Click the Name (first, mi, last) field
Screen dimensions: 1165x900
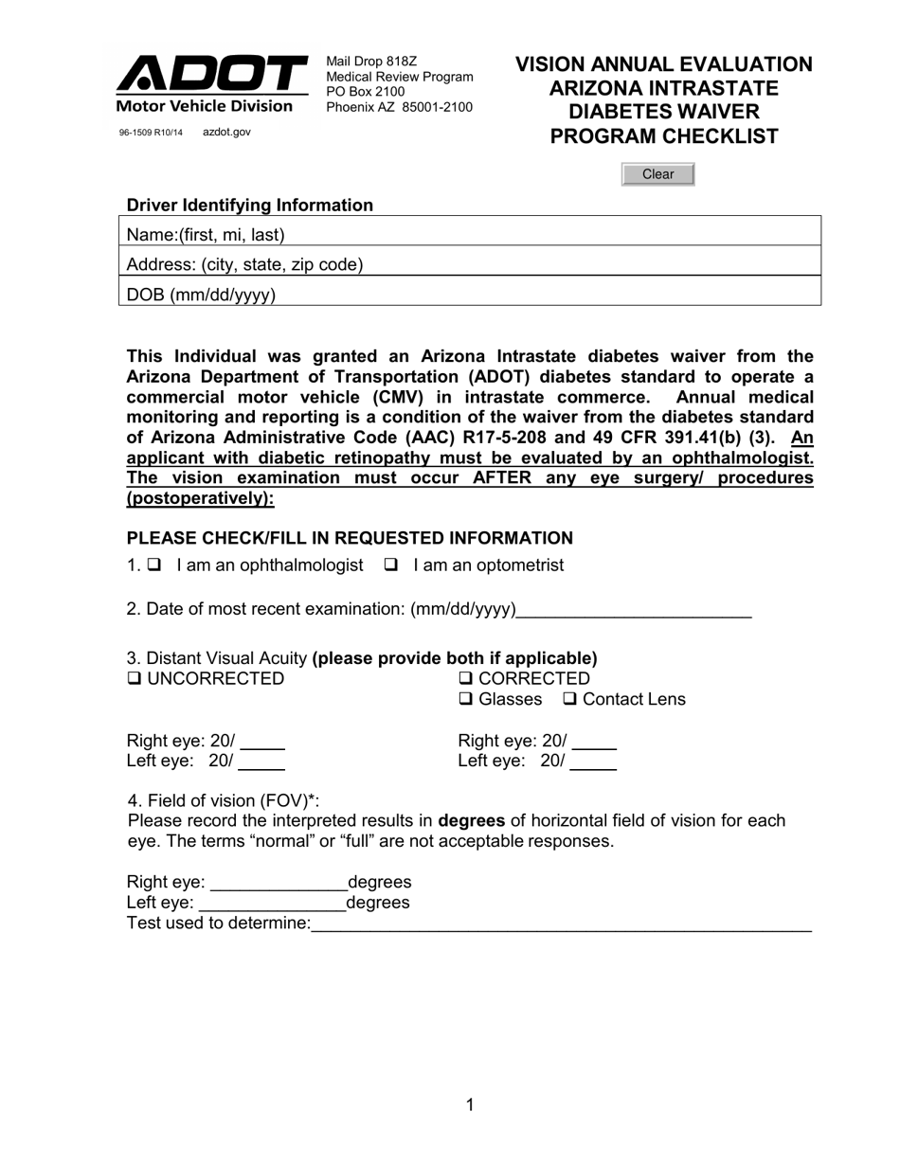point(549,234)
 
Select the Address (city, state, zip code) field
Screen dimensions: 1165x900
point(587,264)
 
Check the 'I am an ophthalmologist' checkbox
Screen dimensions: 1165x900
point(154,565)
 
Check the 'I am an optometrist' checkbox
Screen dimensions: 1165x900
point(390,565)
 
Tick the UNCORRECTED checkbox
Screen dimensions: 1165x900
point(134,679)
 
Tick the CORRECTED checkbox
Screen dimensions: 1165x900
point(465,679)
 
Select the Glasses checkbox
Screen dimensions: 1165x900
point(465,700)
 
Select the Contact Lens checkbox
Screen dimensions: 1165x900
point(570,700)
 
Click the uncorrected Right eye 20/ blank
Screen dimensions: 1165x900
point(262,743)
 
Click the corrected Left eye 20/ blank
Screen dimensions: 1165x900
point(593,762)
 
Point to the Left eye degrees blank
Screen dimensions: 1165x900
point(273,904)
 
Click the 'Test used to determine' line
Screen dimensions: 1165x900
point(561,924)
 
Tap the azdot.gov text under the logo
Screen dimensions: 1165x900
point(226,133)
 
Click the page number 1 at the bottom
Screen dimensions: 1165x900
point(470,1104)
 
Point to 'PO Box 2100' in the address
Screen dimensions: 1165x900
point(366,92)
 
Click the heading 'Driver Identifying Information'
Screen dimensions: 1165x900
point(250,206)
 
